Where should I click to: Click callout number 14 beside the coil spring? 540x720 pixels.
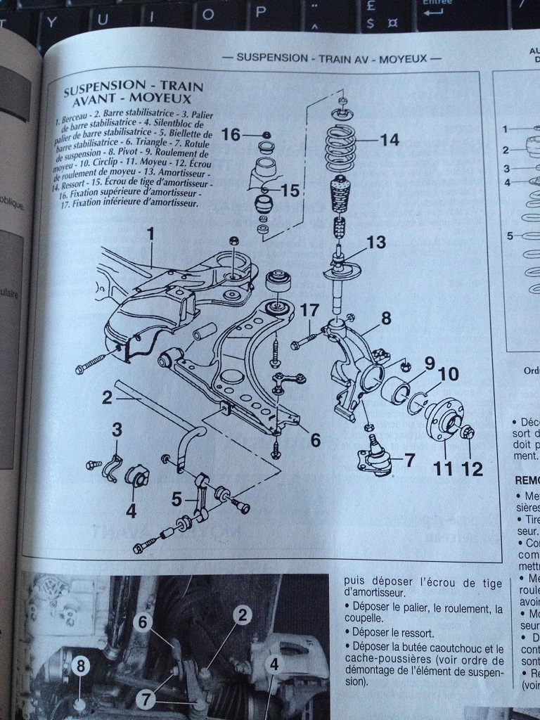point(389,140)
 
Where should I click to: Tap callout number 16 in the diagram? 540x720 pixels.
point(231,134)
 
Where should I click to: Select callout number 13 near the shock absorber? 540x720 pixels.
point(376,243)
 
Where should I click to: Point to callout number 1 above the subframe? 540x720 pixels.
point(150,232)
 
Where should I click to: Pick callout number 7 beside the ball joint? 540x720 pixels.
point(409,461)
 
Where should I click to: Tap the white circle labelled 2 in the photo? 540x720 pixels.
point(241,617)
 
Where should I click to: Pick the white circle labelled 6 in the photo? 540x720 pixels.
point(142,622)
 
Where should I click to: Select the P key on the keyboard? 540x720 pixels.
point(259,12)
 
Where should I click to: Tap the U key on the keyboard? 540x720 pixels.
point(103,19)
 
